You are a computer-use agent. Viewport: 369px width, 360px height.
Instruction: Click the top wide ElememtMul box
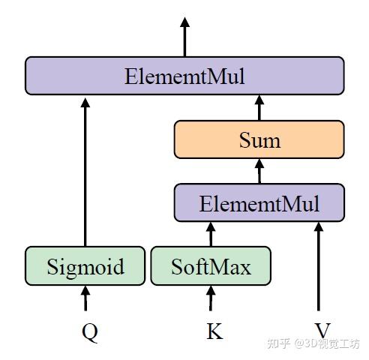(x=184, y=76)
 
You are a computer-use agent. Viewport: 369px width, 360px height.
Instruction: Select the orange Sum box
(x=259, y=139)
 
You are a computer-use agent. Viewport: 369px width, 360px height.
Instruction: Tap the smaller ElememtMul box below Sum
(x=259, y=203)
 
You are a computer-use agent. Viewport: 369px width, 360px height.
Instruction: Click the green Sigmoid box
(x=84, y=266)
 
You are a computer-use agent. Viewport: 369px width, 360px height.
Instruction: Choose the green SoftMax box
(x=211, y=266)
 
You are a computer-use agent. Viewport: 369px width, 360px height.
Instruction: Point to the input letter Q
(x=89, y=331)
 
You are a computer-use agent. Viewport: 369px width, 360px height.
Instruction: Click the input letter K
(x=214, y=331)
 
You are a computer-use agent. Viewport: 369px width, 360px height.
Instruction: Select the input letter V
(x=322, y=331)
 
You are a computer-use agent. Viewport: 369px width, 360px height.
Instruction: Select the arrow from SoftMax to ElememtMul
(x=211, y=235)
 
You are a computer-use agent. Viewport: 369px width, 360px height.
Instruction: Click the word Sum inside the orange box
(x=259, y=140)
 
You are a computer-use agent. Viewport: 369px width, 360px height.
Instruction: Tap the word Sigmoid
(x=84, y=267)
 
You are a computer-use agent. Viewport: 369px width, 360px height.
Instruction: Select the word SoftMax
(x=211, y=267)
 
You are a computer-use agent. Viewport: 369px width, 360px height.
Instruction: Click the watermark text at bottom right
(x=316, y=344)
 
